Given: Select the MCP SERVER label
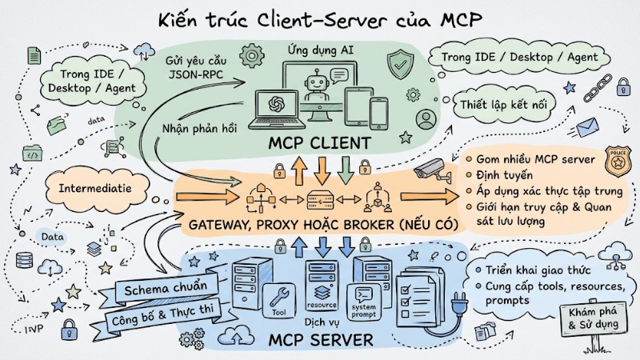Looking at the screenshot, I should [x=322, y=340].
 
